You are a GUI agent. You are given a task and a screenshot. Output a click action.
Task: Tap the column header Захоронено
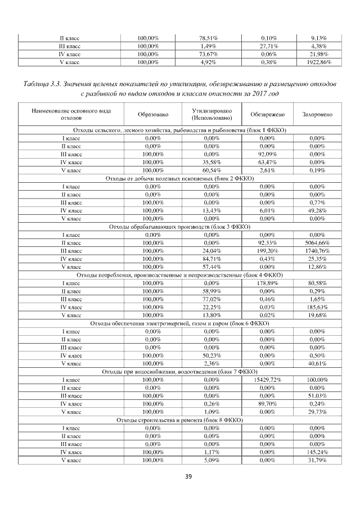pyautogui.click(x=318, y=115)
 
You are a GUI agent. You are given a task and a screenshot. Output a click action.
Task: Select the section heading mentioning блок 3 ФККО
pyautogui.click(x=179, y=227)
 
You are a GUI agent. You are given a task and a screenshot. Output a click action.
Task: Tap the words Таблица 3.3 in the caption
pyautogui.click(x=42, y=84)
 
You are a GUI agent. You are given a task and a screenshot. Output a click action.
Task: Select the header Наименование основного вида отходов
pyautogui.click(x=71, y=115)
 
